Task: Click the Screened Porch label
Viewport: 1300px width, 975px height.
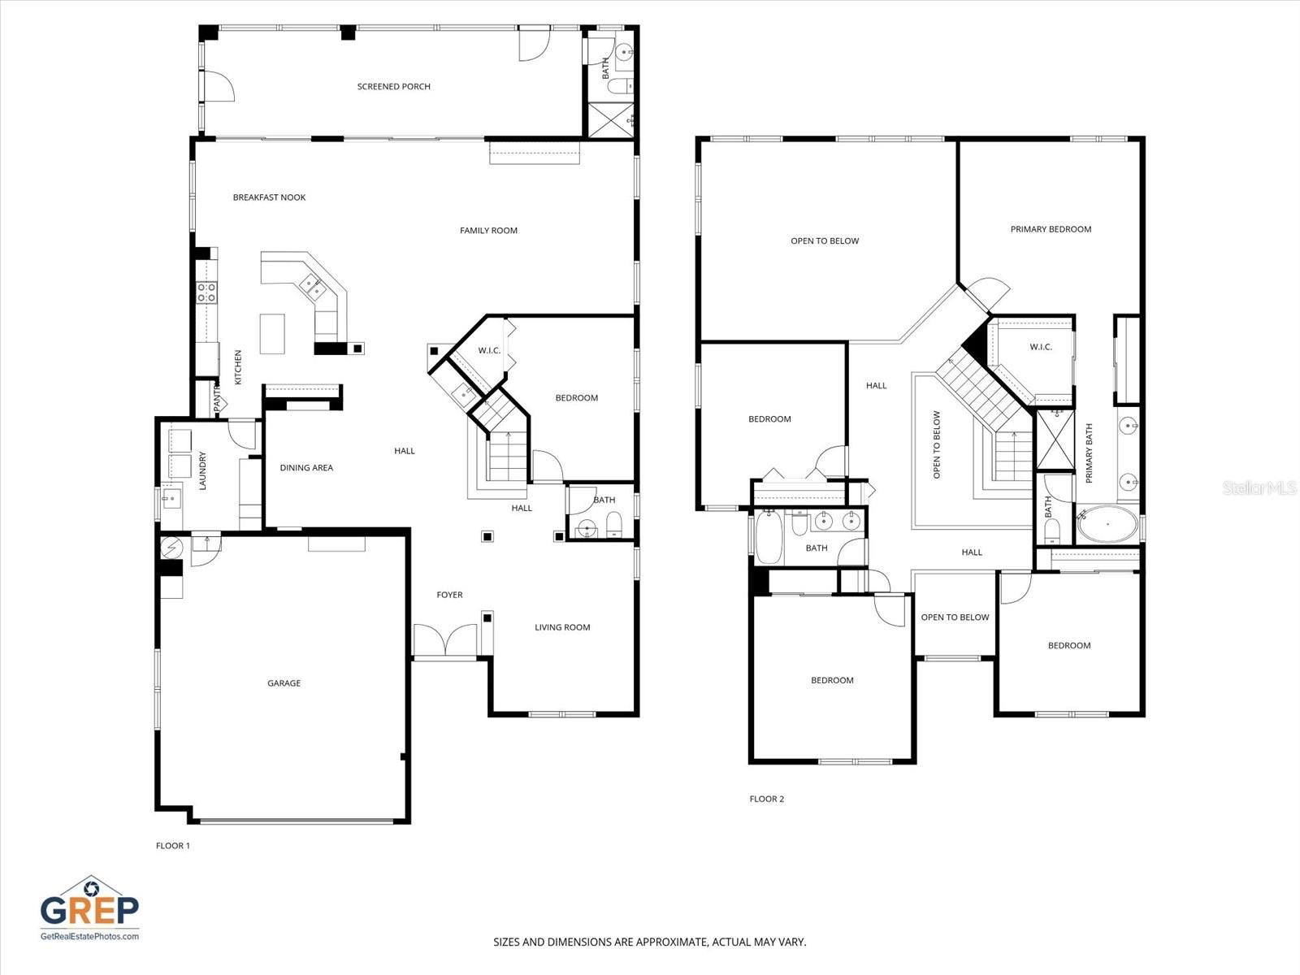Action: tap(393, 86)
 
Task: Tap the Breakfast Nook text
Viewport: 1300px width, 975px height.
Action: tap(269, 197)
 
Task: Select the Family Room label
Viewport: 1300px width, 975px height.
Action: tap(488, 231)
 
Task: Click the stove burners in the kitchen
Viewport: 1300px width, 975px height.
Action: tap(206, 292)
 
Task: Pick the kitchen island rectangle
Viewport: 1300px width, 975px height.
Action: tap(272, 333)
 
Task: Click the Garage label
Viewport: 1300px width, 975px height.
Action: tap(284, 683)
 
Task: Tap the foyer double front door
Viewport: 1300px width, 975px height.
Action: tap(444, 640)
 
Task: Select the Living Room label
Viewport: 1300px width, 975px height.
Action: tap(562, 627)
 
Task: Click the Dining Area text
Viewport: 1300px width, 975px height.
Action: tap(306, 468)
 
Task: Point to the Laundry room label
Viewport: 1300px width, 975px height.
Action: tap(203, 471)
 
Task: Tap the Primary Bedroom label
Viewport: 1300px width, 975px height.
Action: tap(1051, 229)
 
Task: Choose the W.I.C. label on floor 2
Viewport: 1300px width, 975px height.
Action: tap(1041, 347)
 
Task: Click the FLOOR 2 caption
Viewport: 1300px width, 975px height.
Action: tap(766, 799)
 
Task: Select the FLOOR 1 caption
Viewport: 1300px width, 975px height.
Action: tap(172, 846)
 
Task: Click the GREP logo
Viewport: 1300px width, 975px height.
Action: tap(89, 903)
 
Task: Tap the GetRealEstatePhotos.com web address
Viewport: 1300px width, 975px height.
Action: tap(89, 936)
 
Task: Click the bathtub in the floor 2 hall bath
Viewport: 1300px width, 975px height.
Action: tap(768, 537)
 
